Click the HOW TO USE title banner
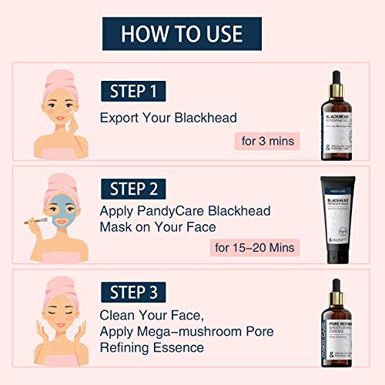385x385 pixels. click(181, 33)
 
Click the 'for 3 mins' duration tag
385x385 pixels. click(266, 141)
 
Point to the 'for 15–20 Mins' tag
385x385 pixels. click(254, 248)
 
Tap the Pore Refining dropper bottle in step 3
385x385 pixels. click(336, 327)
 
